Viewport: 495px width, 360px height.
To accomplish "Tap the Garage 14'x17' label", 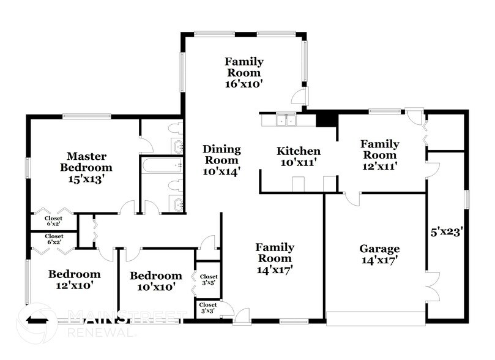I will point(379,254).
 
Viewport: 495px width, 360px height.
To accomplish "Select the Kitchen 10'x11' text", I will point(299,157).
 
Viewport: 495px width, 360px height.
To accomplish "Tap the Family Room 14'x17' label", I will point(275,258).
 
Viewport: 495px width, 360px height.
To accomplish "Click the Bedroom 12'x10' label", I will point(74,279).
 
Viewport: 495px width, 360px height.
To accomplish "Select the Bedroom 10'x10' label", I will point(155,281).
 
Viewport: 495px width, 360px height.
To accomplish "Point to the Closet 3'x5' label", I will point(209,280).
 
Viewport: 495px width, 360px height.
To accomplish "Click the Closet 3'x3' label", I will point(207,308).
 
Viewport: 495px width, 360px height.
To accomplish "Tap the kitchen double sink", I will point(286,120).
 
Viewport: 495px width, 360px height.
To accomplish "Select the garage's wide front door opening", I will point(375,318).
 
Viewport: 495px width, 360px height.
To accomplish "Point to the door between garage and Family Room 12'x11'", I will point(351,198).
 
